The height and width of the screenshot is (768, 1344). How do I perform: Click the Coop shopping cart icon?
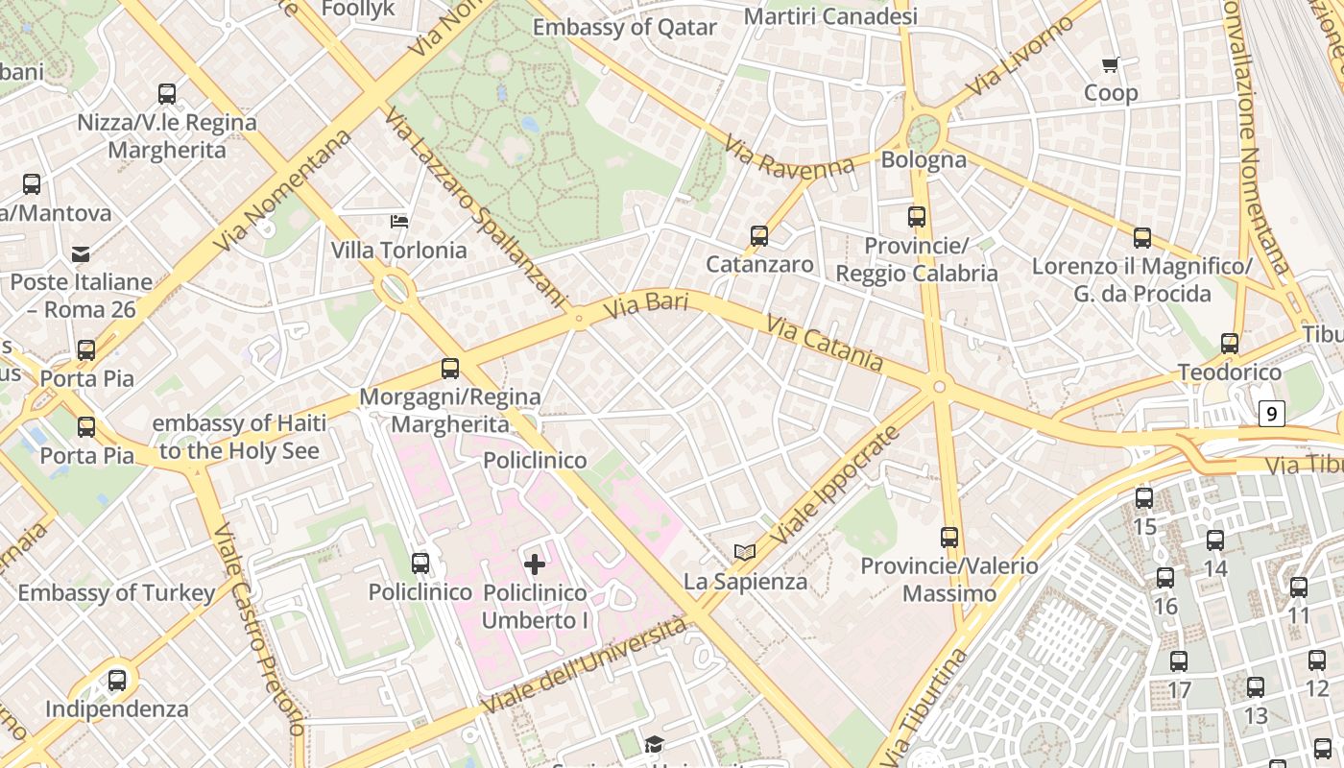(x=1111, y=64)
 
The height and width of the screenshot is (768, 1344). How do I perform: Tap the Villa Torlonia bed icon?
(x=399, y=222)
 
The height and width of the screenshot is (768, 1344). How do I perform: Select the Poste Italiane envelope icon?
(x=81, y=254)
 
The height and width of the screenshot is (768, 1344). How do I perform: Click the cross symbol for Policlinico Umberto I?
(x=535, y=564)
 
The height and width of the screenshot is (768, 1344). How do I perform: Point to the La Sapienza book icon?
(x=745, y=552)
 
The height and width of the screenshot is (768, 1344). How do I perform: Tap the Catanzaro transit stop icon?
(x=759, y=235)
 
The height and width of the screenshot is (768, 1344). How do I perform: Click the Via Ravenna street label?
(x=789, y=157)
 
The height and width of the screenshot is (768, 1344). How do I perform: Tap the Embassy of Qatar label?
(x=625, y=27)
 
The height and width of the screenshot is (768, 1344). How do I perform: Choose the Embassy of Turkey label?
(x=116, y=592)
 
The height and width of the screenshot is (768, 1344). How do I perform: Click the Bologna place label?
(x=924, y=159)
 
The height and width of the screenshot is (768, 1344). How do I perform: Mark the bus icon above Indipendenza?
(x=117, y=681)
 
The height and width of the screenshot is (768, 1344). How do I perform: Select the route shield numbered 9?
(x=1272, y=414)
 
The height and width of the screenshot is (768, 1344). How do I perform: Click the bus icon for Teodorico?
(x=1230, y=343)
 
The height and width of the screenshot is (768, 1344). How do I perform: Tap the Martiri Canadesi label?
(x=830, y=16)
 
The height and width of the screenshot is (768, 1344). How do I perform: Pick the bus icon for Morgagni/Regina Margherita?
(x=449, y=368)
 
